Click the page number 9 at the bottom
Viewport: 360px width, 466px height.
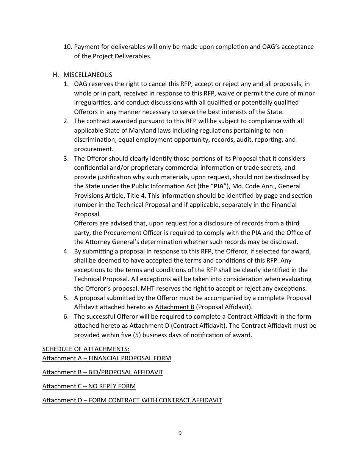tap(180, 433)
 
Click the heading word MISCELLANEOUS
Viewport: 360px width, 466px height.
tap(88, 75)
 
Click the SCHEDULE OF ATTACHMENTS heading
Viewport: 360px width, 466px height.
tap(86, 349)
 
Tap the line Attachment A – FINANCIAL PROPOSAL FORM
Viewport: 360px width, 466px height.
tap(106, 358)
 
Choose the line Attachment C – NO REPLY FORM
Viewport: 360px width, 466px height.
tap(89, 386)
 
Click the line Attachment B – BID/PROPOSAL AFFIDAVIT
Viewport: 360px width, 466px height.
tap(103, 372)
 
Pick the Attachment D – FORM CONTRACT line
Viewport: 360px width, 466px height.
tap(132, 400)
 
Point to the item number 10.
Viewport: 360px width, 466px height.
tap(67, 47)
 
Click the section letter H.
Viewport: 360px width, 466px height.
tap(55, 75)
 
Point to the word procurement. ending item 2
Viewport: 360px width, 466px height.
tap(94, 149)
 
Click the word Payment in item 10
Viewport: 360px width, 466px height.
tap(86, 47)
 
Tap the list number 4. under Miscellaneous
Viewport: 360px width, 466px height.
tap(66, 251)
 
